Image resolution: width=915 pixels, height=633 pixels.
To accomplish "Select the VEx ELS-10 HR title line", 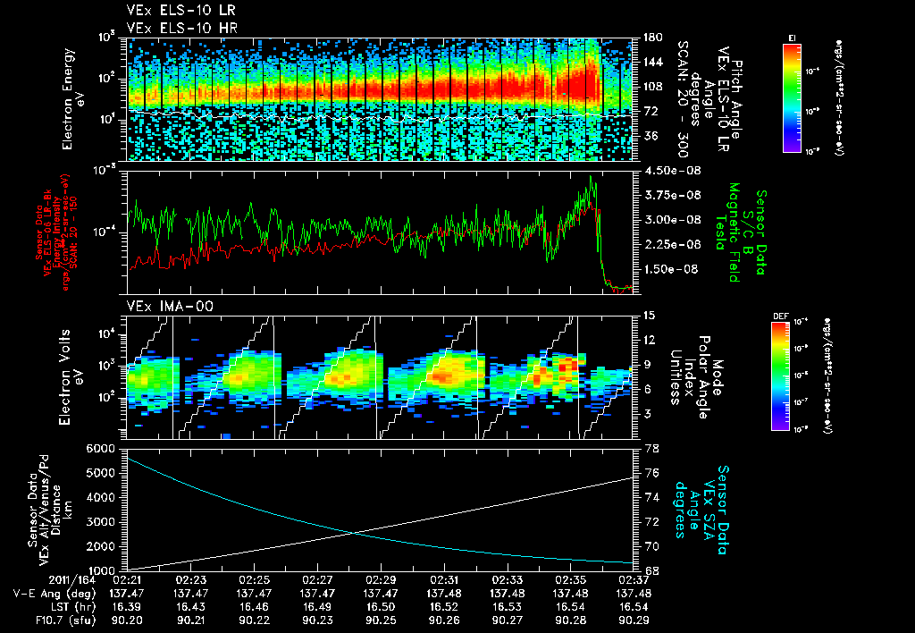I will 173,28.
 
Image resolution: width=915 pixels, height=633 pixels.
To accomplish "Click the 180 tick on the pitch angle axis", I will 651,37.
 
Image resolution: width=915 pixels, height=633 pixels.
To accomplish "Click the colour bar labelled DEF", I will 792,376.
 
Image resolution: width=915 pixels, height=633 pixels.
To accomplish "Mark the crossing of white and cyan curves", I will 355,533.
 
